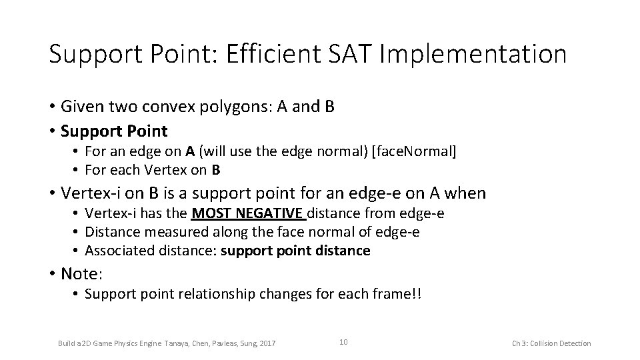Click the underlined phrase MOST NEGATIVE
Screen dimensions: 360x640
pos(248,213)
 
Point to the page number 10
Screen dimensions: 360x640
pos(343,342)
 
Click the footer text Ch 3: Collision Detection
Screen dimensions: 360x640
pos(551,343)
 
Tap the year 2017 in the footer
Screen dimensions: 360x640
pos(265,343)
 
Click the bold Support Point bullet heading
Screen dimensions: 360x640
pos(114,130)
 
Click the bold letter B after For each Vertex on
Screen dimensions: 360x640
pos(216,171)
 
